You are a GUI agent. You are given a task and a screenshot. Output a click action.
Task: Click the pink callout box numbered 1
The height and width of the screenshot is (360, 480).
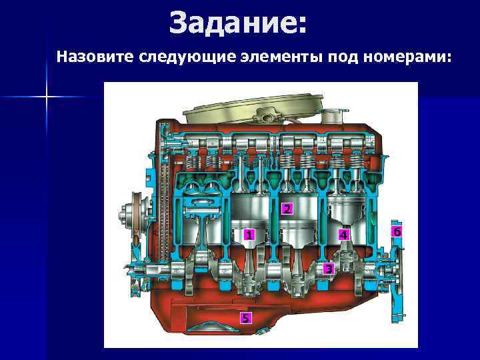(x=248, y=235)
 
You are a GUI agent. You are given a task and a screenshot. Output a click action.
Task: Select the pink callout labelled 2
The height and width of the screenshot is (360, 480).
(x=286, y=209)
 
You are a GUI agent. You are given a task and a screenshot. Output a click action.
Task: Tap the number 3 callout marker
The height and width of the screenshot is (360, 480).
(x=328, y=269)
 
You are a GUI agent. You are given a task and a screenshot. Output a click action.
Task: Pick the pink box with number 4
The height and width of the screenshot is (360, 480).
(x=343, y=235)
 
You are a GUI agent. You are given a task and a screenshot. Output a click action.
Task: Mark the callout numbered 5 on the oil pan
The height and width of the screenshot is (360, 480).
(x=247, y=317)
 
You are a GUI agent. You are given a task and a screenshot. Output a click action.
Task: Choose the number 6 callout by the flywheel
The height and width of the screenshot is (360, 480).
(x=397, y=231)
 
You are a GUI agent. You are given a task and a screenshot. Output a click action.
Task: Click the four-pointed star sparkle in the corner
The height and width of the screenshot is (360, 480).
(x=47, y=97)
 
